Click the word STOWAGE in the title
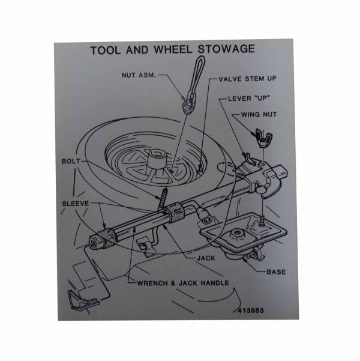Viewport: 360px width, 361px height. coord(227,49)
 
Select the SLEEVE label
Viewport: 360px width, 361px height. coord(76,204)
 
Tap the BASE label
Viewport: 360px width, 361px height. coord(276,272)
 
